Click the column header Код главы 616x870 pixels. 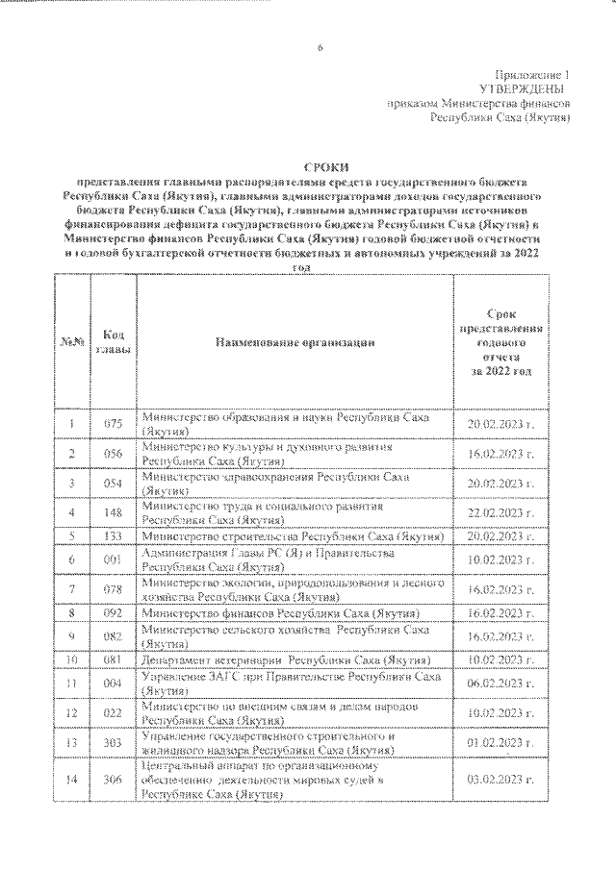pyautogui.click(x=113, y=341)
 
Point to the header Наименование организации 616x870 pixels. pyautogui.click(x=294, y=341)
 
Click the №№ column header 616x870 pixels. pyautogui.click(x=71, y=341)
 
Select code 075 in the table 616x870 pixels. pyautogui.click(x=113, y=424)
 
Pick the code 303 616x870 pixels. pyautogui.click(x=113, y=743)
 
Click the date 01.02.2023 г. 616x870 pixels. pyautogui.click(x=501, y=743)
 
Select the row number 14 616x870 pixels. pyautogui.click(x=71, y=781)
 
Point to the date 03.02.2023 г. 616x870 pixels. pyautogui.click(x=501, y=781)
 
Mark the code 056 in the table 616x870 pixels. pyautogui.click(x=113, y=453)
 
